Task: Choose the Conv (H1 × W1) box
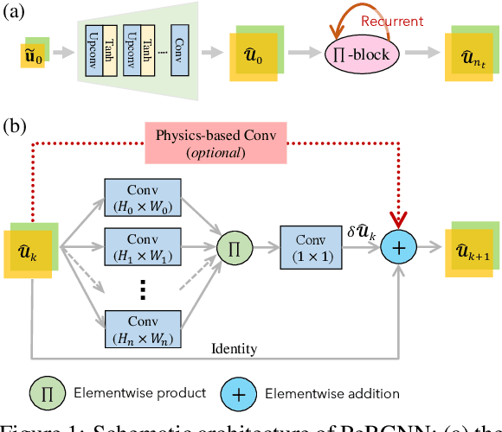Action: pos(142,245)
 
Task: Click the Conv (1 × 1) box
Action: pos(309,247)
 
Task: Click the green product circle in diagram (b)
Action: pos(232,247)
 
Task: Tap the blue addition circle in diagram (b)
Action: pos(401,247)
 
